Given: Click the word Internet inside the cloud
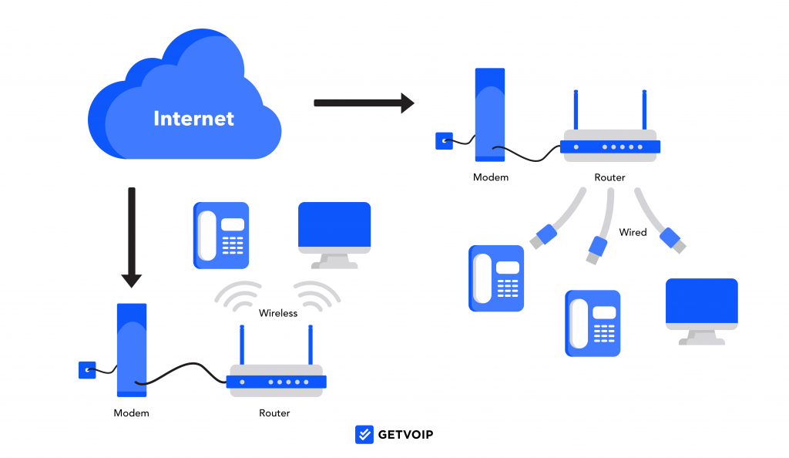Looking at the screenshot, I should [193, 119].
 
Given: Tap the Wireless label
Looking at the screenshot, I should [278, 313].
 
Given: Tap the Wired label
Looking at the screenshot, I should [633, 232].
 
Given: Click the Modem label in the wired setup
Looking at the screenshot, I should [491, 177].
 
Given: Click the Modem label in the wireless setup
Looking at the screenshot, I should [131, 413].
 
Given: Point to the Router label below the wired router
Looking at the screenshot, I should [609, 177].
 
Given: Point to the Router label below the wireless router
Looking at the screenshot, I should [274, 413].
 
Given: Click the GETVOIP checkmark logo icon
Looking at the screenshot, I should [364, 434].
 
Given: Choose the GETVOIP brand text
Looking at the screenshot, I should [405, 435].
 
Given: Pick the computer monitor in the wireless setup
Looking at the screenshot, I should [334, 233].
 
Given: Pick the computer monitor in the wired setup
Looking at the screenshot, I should [701, 308].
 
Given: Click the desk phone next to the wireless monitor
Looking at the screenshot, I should [221, 235].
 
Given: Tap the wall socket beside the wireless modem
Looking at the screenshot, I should [87, 370].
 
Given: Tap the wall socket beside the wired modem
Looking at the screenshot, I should [444, 141].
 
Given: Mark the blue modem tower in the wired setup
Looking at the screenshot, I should [490, 115].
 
